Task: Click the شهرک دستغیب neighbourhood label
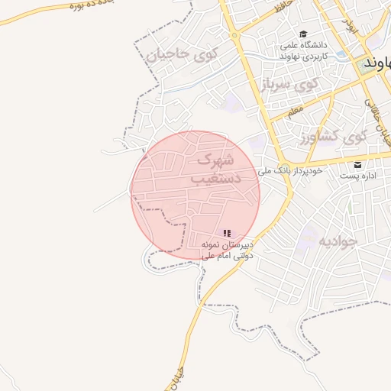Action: [x=215, y=169]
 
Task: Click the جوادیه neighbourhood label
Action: [x=337, y=241]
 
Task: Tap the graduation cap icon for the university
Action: [x=303, y=34]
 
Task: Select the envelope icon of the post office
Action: [x=358, y=165]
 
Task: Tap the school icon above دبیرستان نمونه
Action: [x=227, y=232]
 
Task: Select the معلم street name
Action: [x=295, y=112]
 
